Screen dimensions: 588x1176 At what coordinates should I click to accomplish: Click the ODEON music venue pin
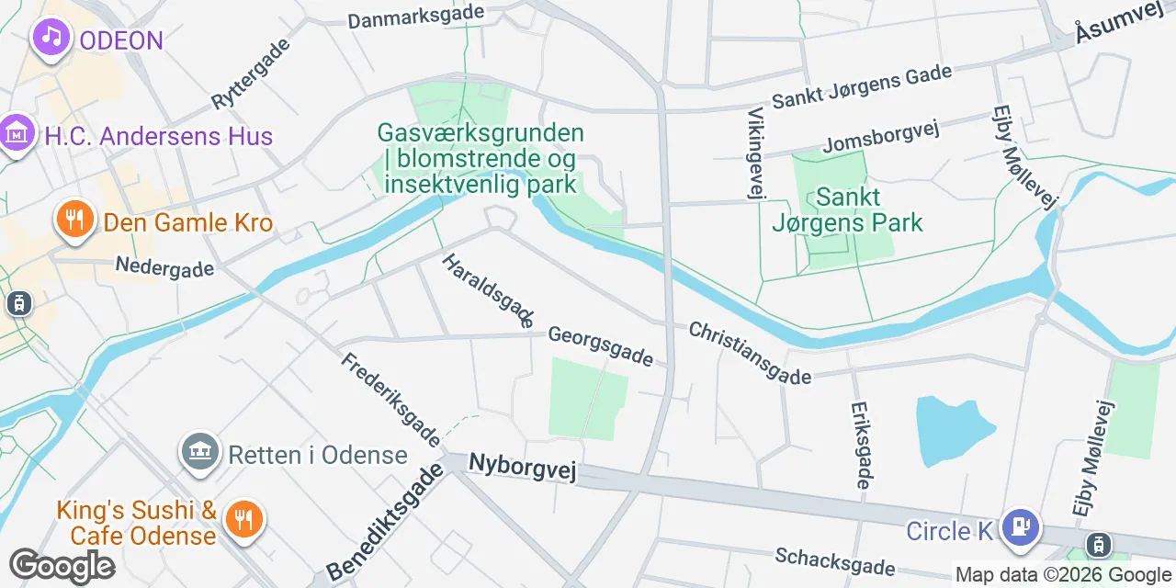[x=51, y=38]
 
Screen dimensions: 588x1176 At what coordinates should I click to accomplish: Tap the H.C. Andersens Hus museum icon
[x=16, y=134]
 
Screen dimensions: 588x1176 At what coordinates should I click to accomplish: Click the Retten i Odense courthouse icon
[x=199, y=451]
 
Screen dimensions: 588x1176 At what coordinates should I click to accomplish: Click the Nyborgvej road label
[x=522, y=467]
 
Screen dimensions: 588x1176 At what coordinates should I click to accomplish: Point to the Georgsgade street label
[x=600, y=345]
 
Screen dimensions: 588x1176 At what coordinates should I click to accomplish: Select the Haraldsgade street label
[x=488, y=290]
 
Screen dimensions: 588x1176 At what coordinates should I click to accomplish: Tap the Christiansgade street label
[x=750, y=352]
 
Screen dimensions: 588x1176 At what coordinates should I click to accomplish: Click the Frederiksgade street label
[x=391, y=398]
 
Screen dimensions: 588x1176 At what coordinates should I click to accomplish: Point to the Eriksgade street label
[x=861, y=445]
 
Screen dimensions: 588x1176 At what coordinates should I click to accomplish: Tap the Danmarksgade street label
[x=416, y=17]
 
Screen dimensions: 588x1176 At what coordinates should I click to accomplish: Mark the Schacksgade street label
[x=834, y=560]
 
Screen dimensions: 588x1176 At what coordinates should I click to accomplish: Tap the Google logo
[x=62, y=566]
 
